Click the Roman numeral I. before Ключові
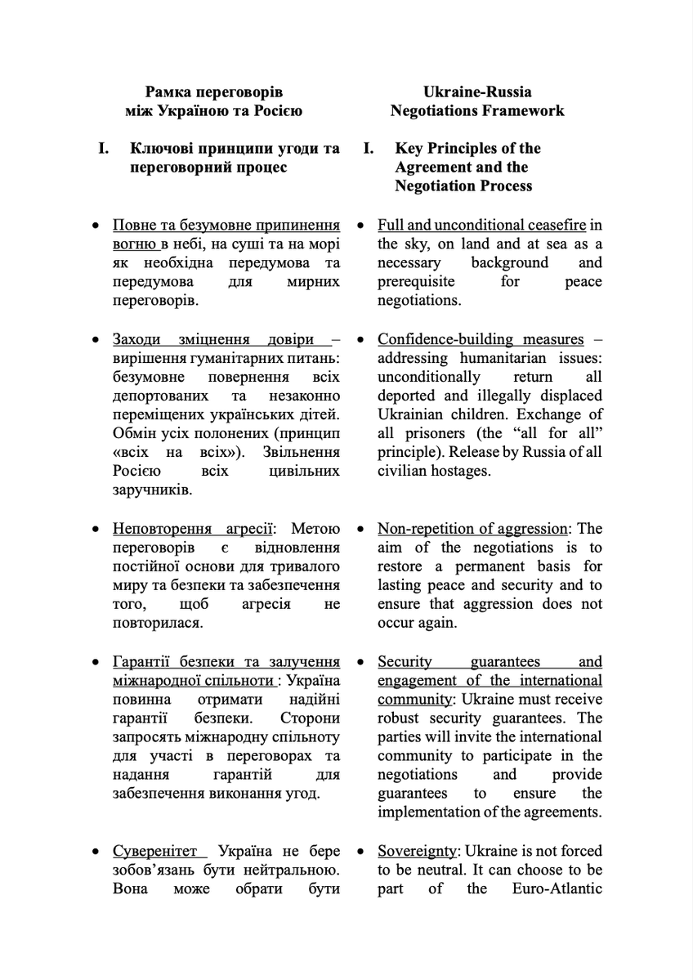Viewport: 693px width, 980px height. (104, 148)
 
